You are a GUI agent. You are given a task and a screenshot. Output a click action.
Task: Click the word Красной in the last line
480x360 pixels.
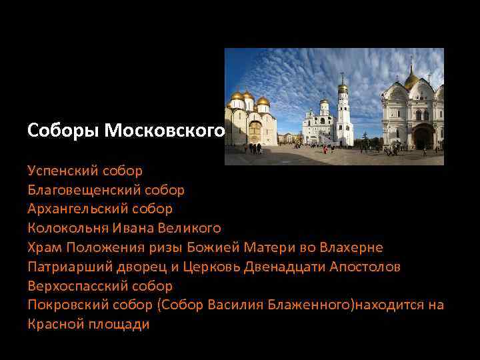55,325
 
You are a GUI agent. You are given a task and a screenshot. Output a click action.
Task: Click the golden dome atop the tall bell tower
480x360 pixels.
343,87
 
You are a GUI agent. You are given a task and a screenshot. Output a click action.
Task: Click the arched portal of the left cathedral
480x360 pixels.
254,132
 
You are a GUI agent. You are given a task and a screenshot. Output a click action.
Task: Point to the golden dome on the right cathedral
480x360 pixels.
411,80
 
